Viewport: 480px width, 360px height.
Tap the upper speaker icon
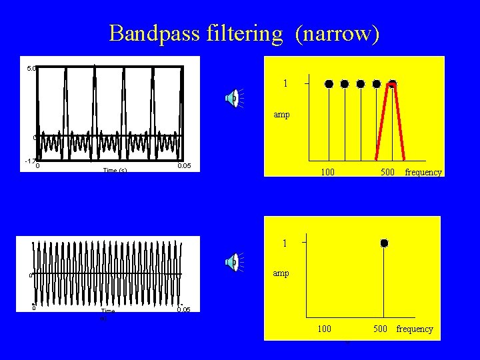[x=231, y=98]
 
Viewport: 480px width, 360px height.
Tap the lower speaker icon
[x=231, y=262]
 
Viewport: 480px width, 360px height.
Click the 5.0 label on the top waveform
[x=31, y=68]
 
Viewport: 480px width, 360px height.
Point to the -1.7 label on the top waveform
[x=30, y=161]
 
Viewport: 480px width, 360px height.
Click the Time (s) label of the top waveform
[x=115, y=171]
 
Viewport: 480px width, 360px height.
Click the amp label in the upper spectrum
[x=281, y=115]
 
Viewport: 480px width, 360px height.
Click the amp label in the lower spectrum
[x=281, y=273]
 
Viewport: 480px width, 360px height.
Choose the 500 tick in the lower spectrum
[x=381, y=329]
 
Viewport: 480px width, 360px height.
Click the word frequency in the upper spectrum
[x=423, y=172]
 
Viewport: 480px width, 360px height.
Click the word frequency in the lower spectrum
[x=415, y=329]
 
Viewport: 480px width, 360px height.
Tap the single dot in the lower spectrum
[x=384, y=243]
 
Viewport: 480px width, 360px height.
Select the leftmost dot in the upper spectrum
[x=329, y=84]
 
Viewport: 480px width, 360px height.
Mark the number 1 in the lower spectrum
[x=285, y=243]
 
